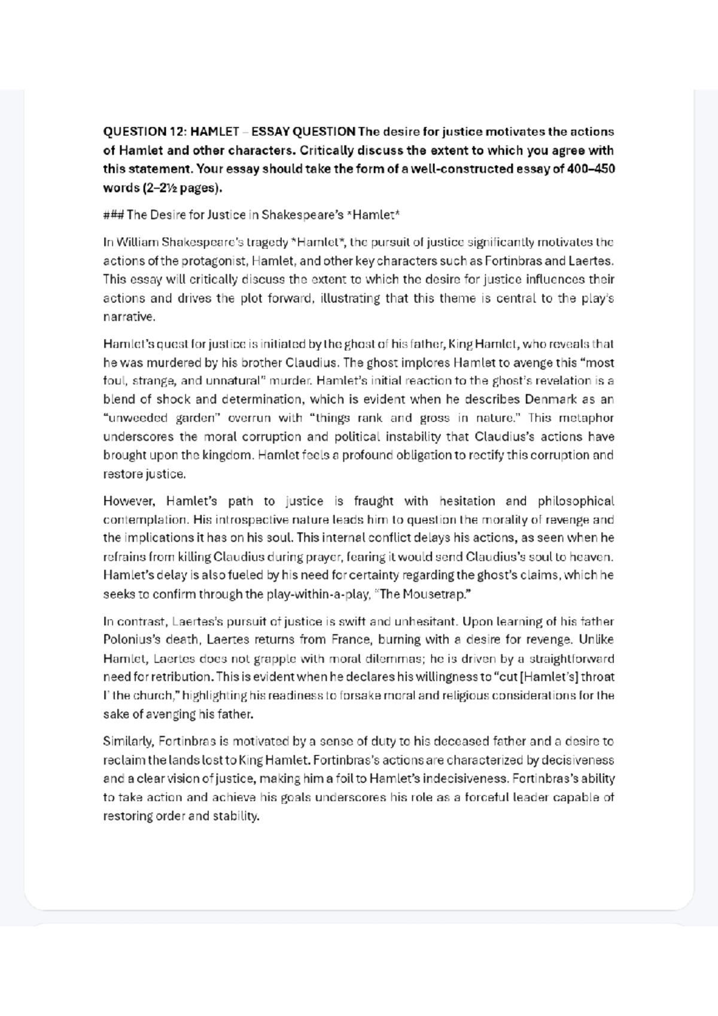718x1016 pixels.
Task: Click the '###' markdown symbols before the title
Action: [113, 215]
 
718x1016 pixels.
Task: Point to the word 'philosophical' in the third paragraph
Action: [576, 501]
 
